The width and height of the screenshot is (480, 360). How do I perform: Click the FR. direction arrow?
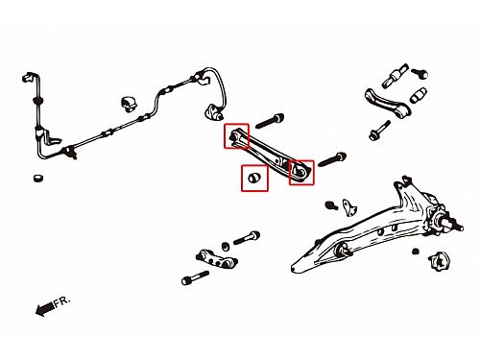[45, 308]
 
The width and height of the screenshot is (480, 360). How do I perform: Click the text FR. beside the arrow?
[61, 301]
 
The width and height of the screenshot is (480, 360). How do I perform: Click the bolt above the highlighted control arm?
[270, 121]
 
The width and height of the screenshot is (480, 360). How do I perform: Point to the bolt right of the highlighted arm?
[332, 159]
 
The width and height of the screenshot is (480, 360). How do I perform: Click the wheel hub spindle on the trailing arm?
[451, 225]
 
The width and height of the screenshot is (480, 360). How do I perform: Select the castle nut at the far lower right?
[440, 261]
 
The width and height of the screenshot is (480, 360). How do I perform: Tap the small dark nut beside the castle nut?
[416, 252]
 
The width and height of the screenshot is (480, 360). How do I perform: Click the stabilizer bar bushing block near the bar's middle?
[128, 104]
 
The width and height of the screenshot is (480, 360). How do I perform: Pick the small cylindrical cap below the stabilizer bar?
[38, 178]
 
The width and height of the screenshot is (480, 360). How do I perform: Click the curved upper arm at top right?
[387, 103]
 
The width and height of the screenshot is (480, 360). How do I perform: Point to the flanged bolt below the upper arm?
[379, 131]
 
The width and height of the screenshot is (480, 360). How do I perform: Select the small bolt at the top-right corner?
[420, 73]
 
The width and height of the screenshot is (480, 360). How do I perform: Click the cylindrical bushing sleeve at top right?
[395, 76]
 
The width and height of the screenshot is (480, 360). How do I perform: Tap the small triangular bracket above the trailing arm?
[349, 207]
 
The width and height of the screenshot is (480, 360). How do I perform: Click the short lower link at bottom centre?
[216, 259]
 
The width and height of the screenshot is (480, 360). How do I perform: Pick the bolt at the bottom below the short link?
[195, 277]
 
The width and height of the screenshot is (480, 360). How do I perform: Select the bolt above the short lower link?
[247, 238]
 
